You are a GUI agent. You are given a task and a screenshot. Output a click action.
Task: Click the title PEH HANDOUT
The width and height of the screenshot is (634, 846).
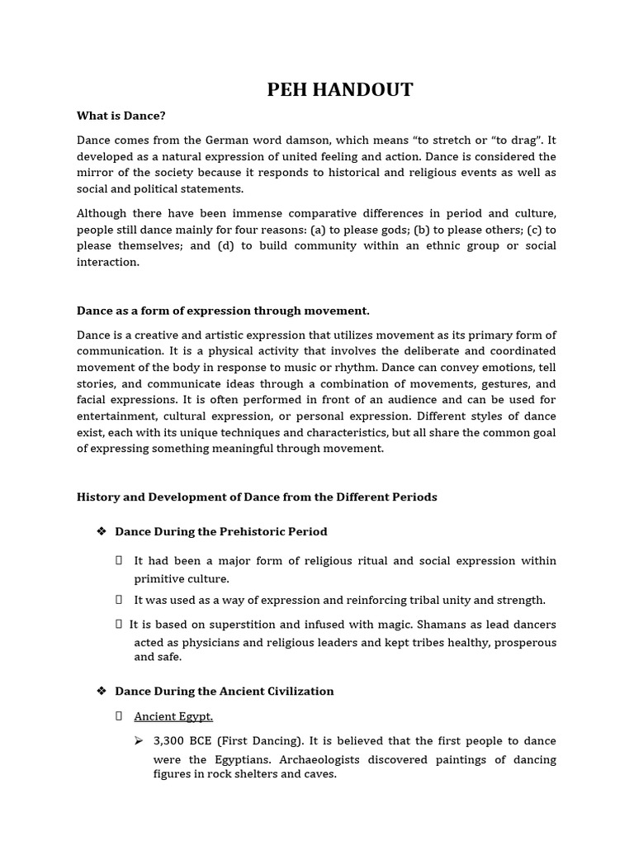(339, 90)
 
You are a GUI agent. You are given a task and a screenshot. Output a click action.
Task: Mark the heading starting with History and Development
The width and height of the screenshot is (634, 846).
(257, 497)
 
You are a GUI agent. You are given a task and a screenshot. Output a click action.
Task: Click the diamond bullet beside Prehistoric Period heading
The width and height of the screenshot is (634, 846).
(102, 531)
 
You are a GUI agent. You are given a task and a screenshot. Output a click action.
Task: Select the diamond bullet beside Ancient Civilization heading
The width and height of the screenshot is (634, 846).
(102, 691)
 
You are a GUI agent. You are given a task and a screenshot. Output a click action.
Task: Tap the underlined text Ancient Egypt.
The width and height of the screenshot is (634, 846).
(173, 716)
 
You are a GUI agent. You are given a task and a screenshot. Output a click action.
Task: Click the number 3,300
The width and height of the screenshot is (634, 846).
(170, 741)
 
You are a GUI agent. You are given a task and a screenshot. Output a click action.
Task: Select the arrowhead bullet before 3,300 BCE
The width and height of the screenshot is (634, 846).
(139, 740)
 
